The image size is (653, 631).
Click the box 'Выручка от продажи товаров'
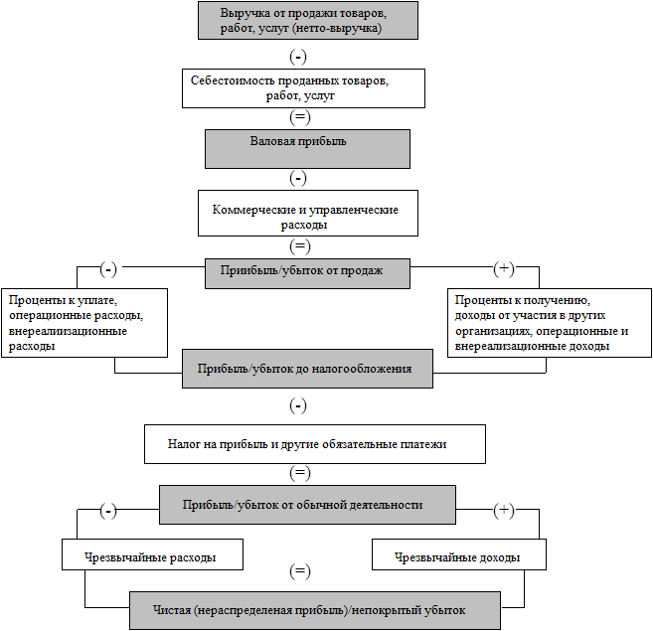(308, 21)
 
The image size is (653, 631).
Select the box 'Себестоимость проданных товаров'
(303, 88)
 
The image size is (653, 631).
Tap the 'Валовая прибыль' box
(307, 149)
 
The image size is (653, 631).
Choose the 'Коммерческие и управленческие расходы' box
(308, 214)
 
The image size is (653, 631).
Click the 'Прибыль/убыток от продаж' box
(307, 273)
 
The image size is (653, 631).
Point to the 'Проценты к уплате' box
(84, 323)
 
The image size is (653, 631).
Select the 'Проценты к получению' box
(550, 323)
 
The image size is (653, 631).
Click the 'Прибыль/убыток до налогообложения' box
(307, 369)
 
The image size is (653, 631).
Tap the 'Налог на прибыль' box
(315, 444)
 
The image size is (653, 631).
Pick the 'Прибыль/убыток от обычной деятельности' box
(307, 505)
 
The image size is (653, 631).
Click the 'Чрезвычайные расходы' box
(152, 554)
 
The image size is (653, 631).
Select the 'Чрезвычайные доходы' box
(459, 554)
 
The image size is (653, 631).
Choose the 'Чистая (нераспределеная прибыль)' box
(315, 610)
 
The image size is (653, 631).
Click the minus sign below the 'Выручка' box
(298, 57)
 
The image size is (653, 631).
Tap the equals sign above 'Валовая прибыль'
(300, 117)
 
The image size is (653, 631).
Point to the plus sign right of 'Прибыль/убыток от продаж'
(504, 268)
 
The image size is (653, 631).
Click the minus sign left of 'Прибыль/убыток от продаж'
(108, 270)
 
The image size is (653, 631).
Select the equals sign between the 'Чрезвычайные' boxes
(300, 571)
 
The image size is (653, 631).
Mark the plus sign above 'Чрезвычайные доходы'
(504, 510)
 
